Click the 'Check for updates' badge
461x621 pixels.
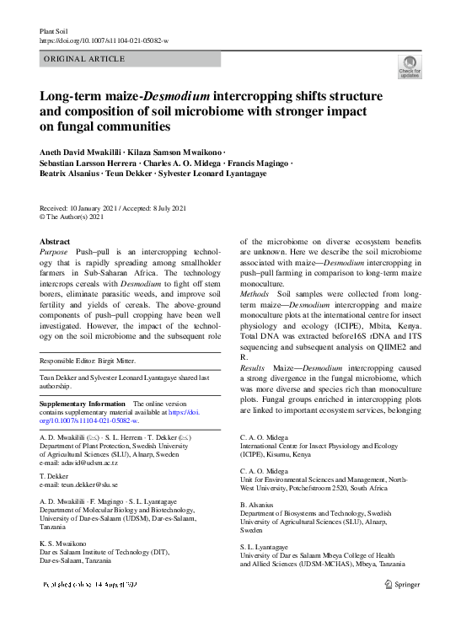point(409,67)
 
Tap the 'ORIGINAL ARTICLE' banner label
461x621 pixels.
point(84,60)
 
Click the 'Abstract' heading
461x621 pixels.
point(56,241)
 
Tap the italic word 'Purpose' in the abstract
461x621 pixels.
point(56,252)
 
